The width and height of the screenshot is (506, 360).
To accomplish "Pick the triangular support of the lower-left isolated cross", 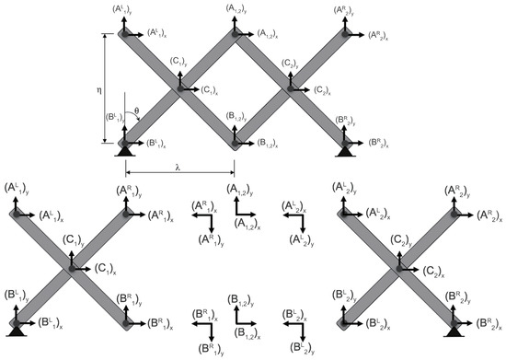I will [x=17, y=329].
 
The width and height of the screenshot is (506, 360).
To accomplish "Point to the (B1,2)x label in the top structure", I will [x=270, y=144].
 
